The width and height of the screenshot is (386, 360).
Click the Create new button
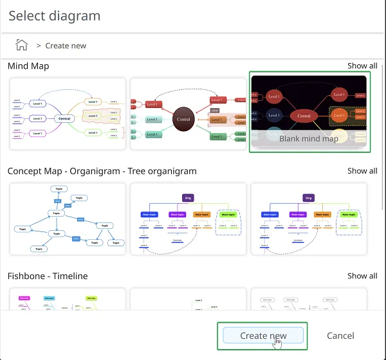pos(262,336)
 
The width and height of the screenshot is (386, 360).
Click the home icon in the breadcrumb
pos(22,45)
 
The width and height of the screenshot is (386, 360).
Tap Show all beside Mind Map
pos(362,66)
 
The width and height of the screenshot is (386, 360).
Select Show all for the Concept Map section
pos(362,171)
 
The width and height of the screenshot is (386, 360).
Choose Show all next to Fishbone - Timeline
pos(362,276)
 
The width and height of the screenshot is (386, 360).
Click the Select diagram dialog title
pos(54,15)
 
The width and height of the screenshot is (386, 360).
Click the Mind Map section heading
pos(28,66)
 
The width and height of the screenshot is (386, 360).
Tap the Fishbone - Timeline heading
pos(48,276)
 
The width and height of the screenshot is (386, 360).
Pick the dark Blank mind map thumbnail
pos(309,103)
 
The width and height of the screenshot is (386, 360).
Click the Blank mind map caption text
pos(309,138)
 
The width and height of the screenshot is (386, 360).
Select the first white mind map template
pos(68,114)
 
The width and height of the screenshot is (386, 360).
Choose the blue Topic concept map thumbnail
pos(68,219)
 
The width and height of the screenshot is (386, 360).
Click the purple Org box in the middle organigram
pos(188,198)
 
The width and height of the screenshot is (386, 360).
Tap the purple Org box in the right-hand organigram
pos(309,198)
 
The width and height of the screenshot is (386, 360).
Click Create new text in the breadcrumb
pos(66,46)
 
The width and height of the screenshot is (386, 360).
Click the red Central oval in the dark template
pos(304,116)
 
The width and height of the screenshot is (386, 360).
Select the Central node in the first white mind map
pos(64,118)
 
